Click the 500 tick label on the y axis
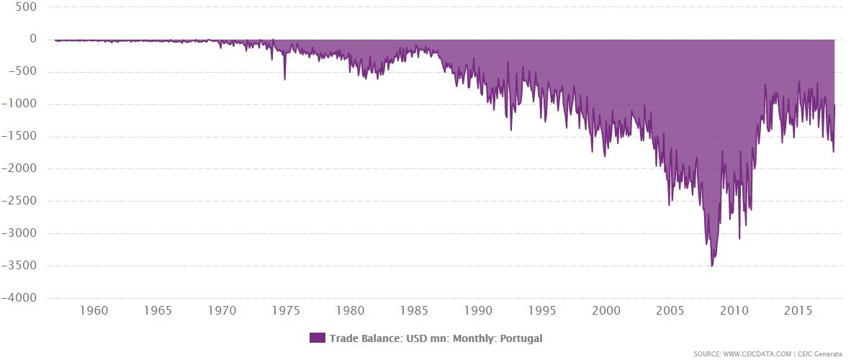pos(27,6)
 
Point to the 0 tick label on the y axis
pos(33,39)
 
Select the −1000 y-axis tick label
pos(23,104)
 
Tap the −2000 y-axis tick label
pos(23,168)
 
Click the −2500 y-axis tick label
pos(23,201)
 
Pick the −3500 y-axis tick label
pos(23,266)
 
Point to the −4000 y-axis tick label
pos(23,298)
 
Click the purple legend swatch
pos(317,338)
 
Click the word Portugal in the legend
pos(521,338)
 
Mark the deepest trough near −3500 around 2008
pos(712,266)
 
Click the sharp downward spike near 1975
pos(284,78)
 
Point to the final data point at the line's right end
pos(834,106)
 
